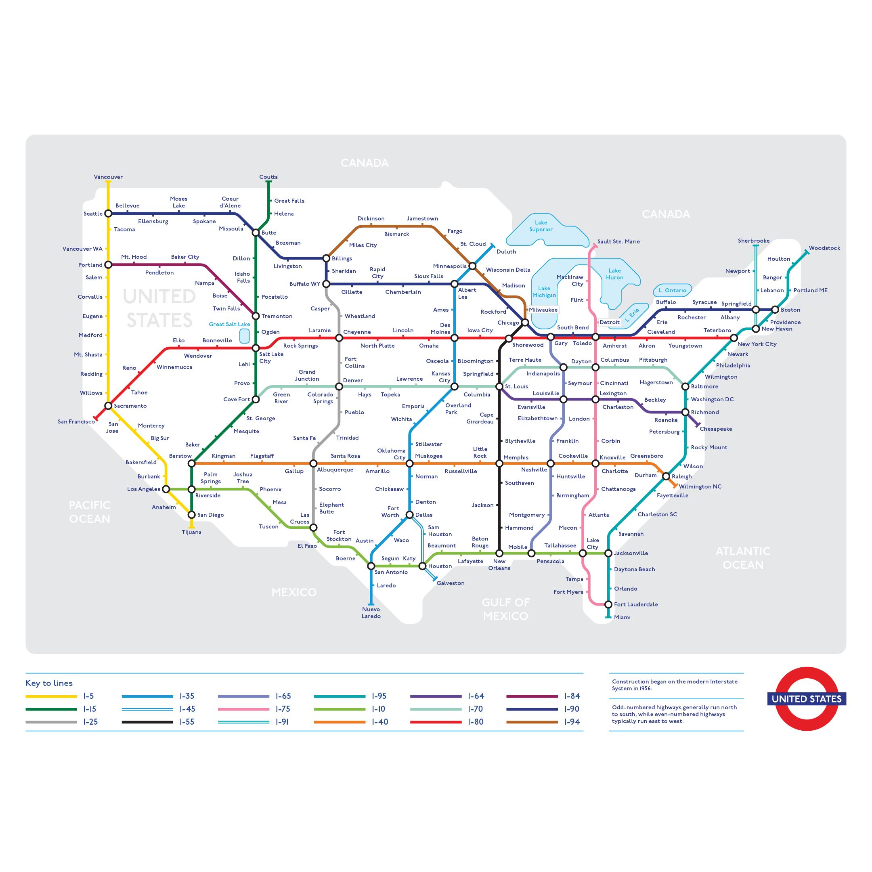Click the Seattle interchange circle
(x=108, y=214)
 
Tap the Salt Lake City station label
(x=271, y=357)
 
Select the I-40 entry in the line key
(x=379, y=722)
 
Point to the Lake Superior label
(x=541, y=226)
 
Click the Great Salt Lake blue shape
(x=244, y=336)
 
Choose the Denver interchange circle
(x=339, y=386)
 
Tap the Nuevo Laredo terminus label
(x=371, y=612)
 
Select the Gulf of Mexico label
(x=505, y=609)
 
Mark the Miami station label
(x=622, y=617)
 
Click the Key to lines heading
(x=49, y=683)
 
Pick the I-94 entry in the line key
(x=572, y=722)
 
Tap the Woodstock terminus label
(x=824, y=248)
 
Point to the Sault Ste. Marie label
(x=618, y=241)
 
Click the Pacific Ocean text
(x=89, y=512)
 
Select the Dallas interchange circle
(x=409, y=515)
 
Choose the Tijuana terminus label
(x=191, y=532)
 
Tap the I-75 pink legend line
(x=243, y=709)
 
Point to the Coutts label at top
(x=268, y=177)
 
